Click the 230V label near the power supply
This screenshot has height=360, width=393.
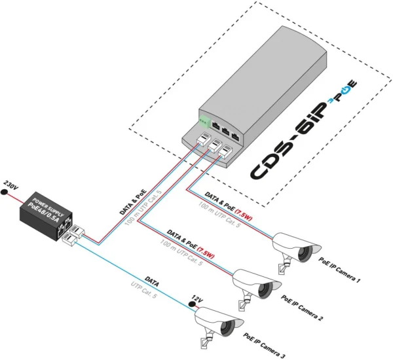[x=12, y=185]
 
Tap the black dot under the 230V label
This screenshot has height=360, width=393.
[x=7, y=195]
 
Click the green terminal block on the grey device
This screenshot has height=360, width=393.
[x=204, y=122]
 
